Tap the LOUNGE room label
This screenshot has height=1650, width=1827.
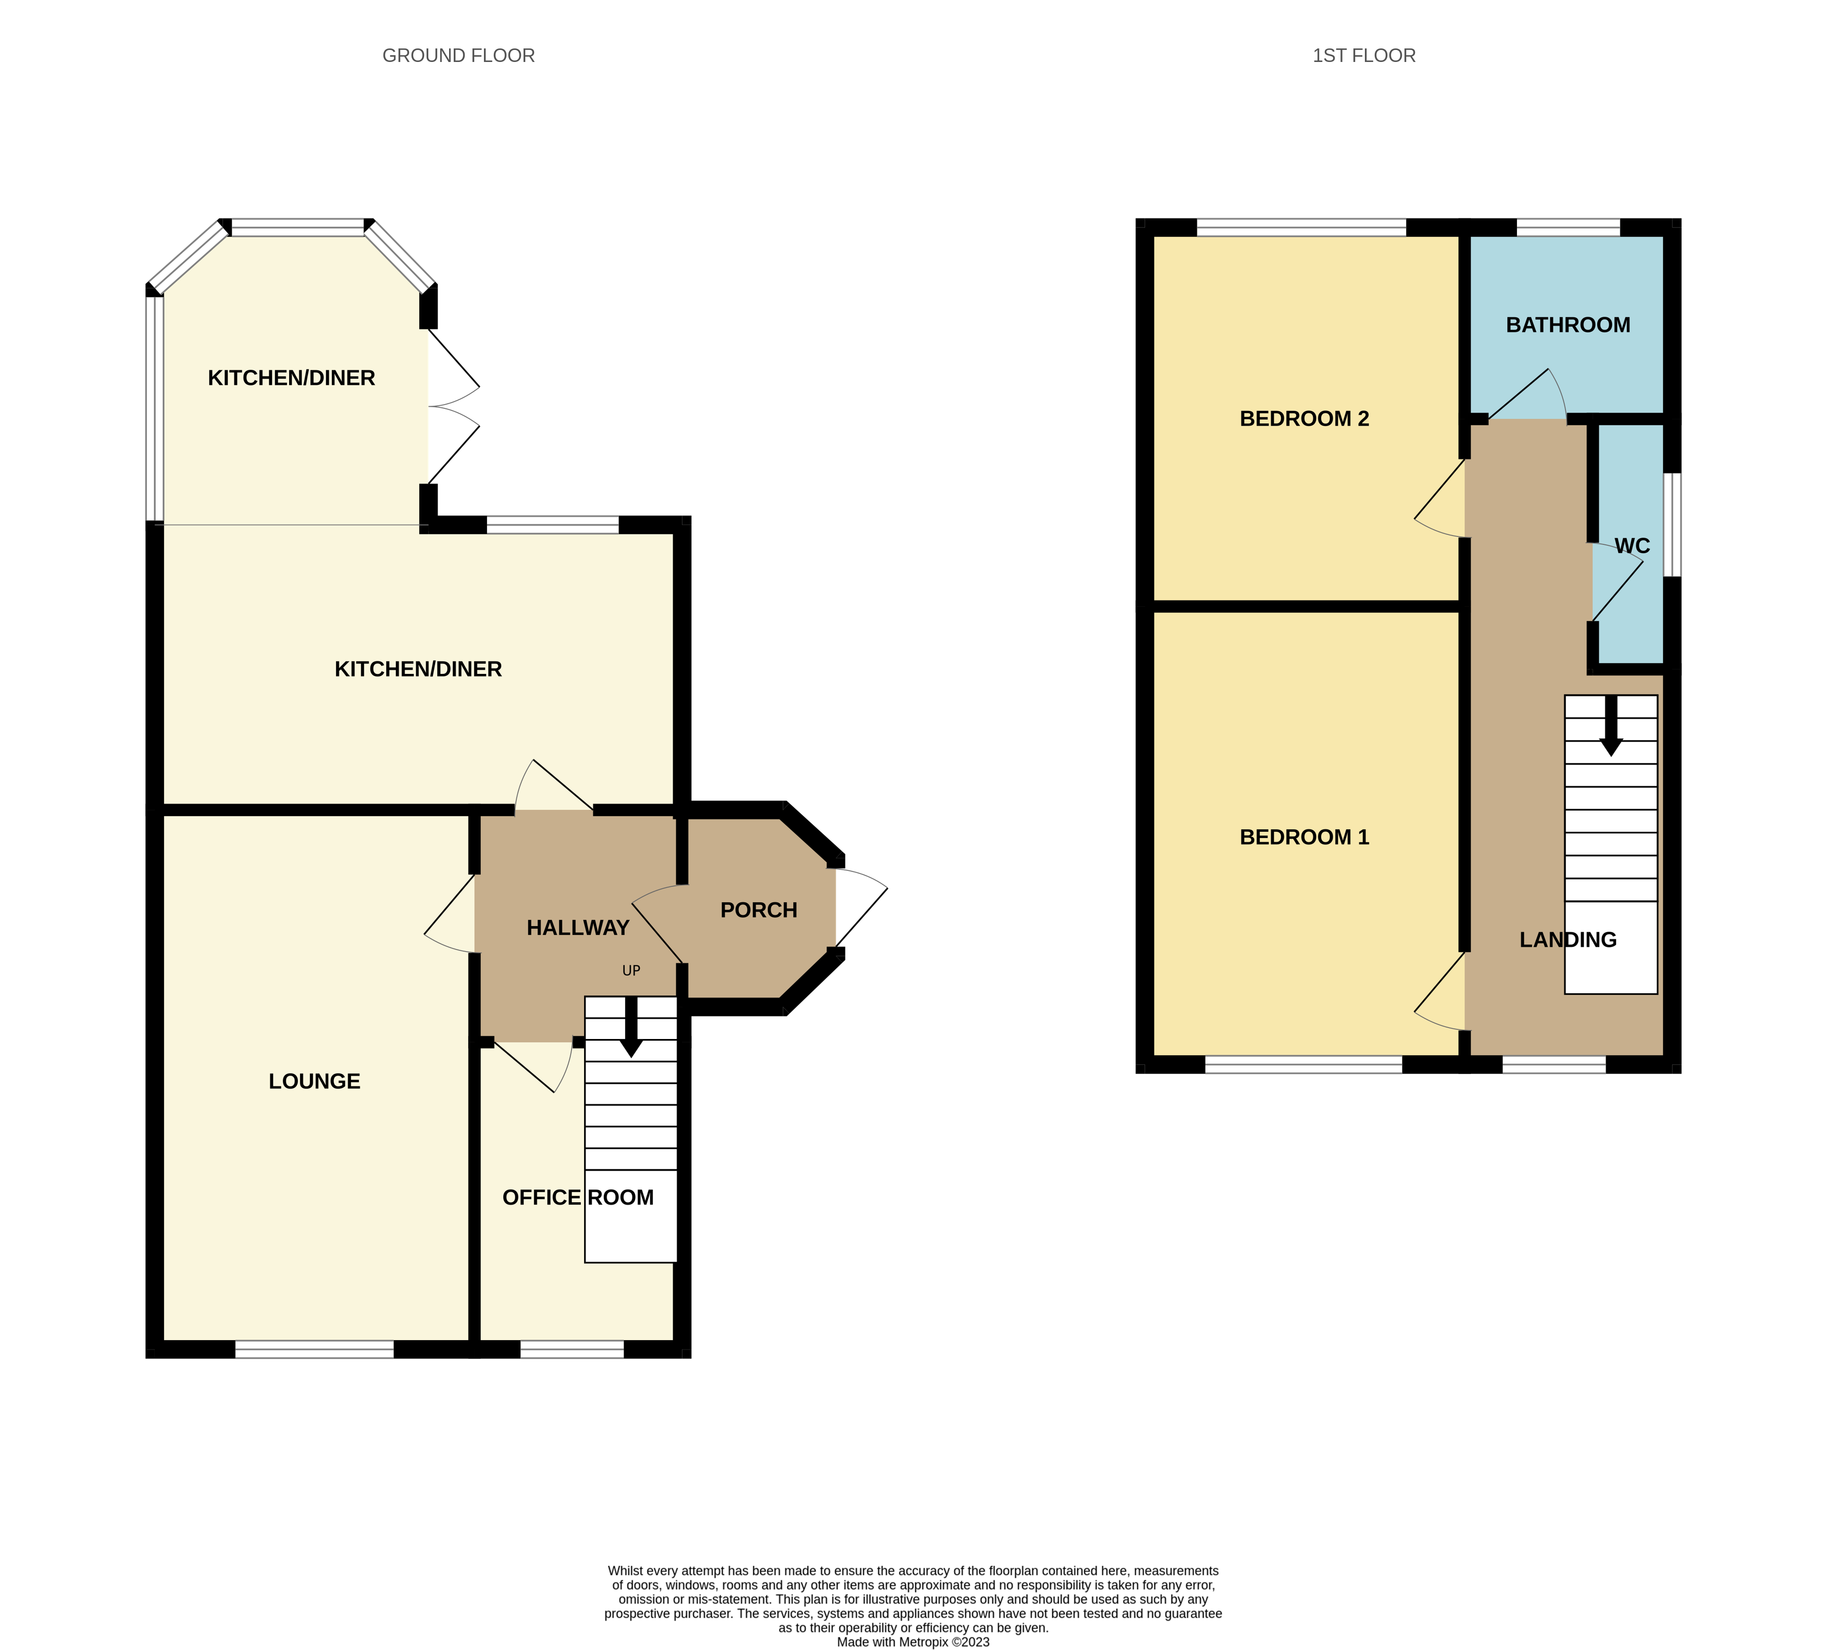(x=315, y=1081)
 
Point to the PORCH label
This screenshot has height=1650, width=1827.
(x=759, y=910)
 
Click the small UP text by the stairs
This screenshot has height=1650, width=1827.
(x=631, y=970)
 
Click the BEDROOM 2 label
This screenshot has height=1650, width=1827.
(x=1304, y=419)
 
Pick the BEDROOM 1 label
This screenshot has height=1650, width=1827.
(x=1304, y=837)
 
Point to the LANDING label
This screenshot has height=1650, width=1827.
(x=1568, y=940)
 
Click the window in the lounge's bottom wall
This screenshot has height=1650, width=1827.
(x=315, y=1349)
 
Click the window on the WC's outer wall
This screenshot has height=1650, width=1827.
(x=1672, y=524)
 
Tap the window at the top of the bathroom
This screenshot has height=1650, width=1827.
(x=1568, y=228)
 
